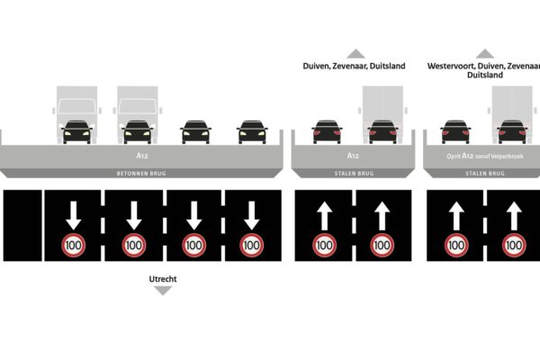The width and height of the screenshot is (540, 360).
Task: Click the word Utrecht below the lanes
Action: click(x=163, y=279)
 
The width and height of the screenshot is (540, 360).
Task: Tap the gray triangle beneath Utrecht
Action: click(x=163, y=291)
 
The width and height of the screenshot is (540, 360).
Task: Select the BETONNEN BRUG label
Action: click(x=141, y=173)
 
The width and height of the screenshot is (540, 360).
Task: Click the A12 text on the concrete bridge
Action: click(x=141, y=155)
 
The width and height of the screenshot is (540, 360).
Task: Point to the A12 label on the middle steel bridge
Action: click(x=353, y=155)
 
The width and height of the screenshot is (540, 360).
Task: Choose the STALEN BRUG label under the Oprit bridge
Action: click(x=485, y=173)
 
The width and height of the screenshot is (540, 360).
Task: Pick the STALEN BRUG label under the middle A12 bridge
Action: click(x=353, y=173)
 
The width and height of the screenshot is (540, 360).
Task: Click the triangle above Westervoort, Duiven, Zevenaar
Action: click(x=485, y=53)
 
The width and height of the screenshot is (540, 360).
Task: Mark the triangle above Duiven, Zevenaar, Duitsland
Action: click(x=355, y=53)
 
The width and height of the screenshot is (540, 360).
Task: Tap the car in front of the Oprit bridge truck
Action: click(x=512, y=132)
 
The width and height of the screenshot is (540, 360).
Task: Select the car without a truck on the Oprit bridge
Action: click(x=455, y=132)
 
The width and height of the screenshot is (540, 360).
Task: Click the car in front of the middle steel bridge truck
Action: click(x=382, y=132)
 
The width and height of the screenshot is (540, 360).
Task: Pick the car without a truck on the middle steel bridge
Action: click(x=326, y=132)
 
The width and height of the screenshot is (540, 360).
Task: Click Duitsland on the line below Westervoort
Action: click(x=485, y=76)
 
